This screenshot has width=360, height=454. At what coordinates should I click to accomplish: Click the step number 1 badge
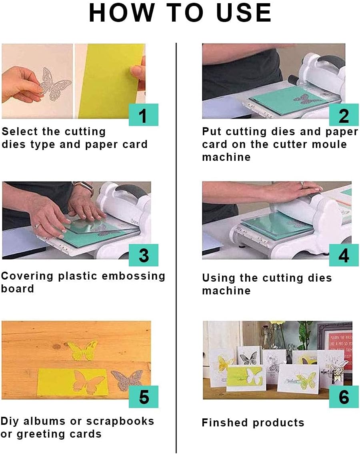pyautogui.click(x=143, y=115)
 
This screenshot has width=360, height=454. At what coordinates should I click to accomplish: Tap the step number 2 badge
pyautogui.click(x=344, y=115)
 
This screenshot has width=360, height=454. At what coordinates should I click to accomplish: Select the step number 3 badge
pyautogui.click(x=143, y=255)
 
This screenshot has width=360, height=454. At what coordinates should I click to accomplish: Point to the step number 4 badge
pyautogui.click(x=344, y=255)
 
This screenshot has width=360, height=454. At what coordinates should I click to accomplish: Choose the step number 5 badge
pyautogui.click(x=143, y=397)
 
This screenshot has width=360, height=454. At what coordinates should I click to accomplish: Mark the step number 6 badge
pyautogui.click(x=344, y=397)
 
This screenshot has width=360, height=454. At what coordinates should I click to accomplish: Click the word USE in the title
pyautogui.click(x=244, y=13)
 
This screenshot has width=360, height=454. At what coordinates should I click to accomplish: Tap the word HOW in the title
pyautogui.click(x=122, y=13)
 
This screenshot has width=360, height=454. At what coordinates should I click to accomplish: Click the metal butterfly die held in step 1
pyautogui.click(x=55, y=84)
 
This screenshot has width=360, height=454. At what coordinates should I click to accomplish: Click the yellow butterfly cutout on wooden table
pyautogui.click(x=82, y=351)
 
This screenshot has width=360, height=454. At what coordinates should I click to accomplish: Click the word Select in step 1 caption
pyautogui.click(x=20, y=132)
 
